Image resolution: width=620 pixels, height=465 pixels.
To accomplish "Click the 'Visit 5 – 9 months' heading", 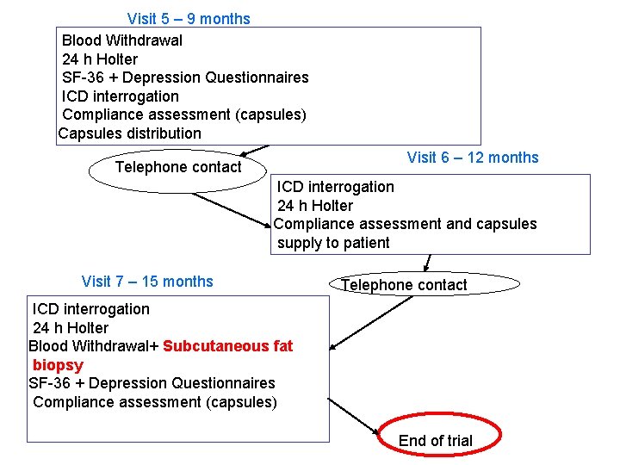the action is pos(189,19).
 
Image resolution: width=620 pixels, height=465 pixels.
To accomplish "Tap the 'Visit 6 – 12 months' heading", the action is pos(473,158).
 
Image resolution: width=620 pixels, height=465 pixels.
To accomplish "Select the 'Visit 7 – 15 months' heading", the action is pos(147,282).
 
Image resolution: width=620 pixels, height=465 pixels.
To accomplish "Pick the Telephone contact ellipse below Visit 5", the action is pos(178,167).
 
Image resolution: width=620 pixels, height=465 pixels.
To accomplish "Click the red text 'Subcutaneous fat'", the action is pos(227,346).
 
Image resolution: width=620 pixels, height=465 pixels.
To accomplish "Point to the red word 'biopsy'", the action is pos(58,365).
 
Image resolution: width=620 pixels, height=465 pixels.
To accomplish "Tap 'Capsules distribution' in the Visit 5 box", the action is pos(129,133).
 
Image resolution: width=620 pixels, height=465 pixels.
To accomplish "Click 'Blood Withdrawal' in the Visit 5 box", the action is pos(122,40).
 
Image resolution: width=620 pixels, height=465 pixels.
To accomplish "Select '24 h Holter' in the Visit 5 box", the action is pos(100,59).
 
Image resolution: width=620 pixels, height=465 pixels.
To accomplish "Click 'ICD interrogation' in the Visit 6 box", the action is pos(336,187).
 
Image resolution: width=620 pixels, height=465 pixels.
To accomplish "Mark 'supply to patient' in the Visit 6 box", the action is pos(333,243).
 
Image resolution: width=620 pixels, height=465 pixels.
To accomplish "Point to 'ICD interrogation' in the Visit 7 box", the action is pos(91,309).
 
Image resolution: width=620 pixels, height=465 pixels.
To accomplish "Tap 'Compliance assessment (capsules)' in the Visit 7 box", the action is pos(155,402).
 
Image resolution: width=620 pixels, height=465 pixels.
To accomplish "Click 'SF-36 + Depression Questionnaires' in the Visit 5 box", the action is pos(185,77).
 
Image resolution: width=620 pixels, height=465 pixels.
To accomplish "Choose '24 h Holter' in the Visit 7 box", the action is pos(71,328).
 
